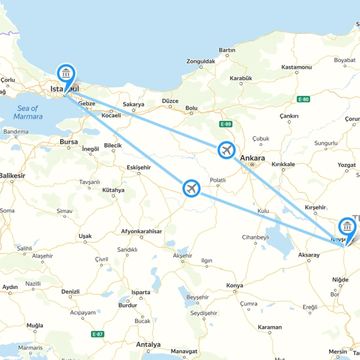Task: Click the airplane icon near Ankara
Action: click(227, 150)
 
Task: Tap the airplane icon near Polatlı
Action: click(192, 188)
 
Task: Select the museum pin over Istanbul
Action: click(66, 73)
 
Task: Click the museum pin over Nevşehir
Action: click(347, 226)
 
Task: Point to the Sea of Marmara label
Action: click(28, 112)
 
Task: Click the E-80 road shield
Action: click(304, 99)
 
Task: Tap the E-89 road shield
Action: click(226, 124)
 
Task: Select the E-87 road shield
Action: click(98, 334)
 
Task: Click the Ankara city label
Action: click(252, 158)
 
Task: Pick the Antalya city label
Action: click(148, 344)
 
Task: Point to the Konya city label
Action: click(234, 285)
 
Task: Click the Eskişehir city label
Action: click(139, 167)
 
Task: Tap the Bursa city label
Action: click(69, 142)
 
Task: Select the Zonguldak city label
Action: click(201, 61)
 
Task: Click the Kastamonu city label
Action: click(296, 67)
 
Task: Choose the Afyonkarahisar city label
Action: click(142, 231)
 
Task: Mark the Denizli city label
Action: click(70, 292)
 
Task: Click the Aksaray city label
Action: click(309, 255)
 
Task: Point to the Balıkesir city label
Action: click(12, 176)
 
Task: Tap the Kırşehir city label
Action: click(315, 207)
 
